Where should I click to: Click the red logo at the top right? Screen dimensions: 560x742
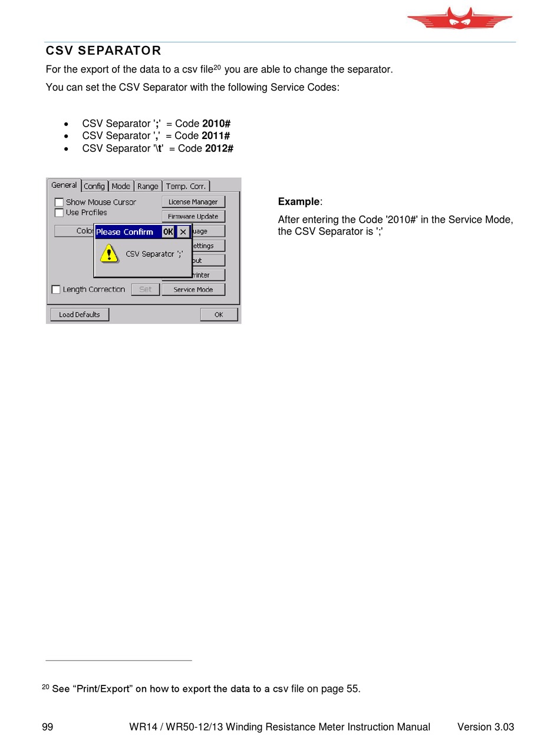click(459, 19)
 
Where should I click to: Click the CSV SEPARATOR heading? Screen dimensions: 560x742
click(103, 51)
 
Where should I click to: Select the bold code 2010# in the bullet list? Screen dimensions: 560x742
click(216, 124)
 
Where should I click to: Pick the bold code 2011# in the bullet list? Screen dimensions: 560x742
click(216, 136)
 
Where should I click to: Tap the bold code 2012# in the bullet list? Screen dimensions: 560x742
click(219, 148)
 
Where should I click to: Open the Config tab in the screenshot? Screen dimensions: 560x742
click(94, 186)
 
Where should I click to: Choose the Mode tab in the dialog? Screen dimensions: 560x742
click(121, 186)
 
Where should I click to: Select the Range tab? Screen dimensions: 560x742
click(147, 186)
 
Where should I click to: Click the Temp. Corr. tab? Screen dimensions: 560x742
click(186, 186)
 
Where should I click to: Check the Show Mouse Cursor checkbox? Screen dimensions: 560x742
click(59, 203)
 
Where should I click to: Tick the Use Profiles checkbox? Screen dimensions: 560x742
click(59, 213)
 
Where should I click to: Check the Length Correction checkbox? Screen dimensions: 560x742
click(56, 290)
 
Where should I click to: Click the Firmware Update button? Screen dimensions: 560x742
click(193, 217)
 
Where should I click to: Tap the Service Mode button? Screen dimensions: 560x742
click(193, 290)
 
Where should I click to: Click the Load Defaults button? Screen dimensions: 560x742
click(79, 314)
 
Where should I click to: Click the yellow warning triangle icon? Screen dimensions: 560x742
click(108, 254)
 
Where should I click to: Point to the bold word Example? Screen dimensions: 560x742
click(298, 202)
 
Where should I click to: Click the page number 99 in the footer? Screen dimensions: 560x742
click(48, 727)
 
